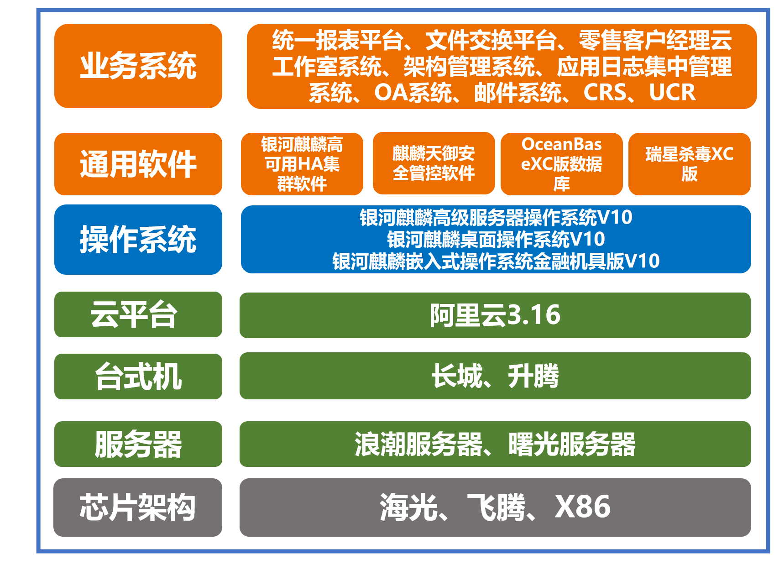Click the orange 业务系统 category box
pos(138,66)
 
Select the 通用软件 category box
pos(138,164)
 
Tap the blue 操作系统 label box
pos(138,240)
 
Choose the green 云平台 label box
pos(138,314)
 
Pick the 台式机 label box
pos(138,377)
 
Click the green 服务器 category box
pos(138,444)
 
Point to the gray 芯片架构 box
pos(138,507)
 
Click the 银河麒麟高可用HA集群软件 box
pos(302,164)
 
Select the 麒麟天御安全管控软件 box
pos(434,163)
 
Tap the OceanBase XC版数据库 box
pos(562,164)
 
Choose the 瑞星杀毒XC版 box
pos(689,164)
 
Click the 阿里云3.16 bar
pos(495,315)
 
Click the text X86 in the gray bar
pos(582,507)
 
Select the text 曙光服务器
pos(572,444)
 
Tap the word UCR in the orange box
pos(672,93)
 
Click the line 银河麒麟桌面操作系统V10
pos(496,239)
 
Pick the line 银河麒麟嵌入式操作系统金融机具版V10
pos(496,261)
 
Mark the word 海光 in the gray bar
pos(408,507)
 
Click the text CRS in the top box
pos(605,93)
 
